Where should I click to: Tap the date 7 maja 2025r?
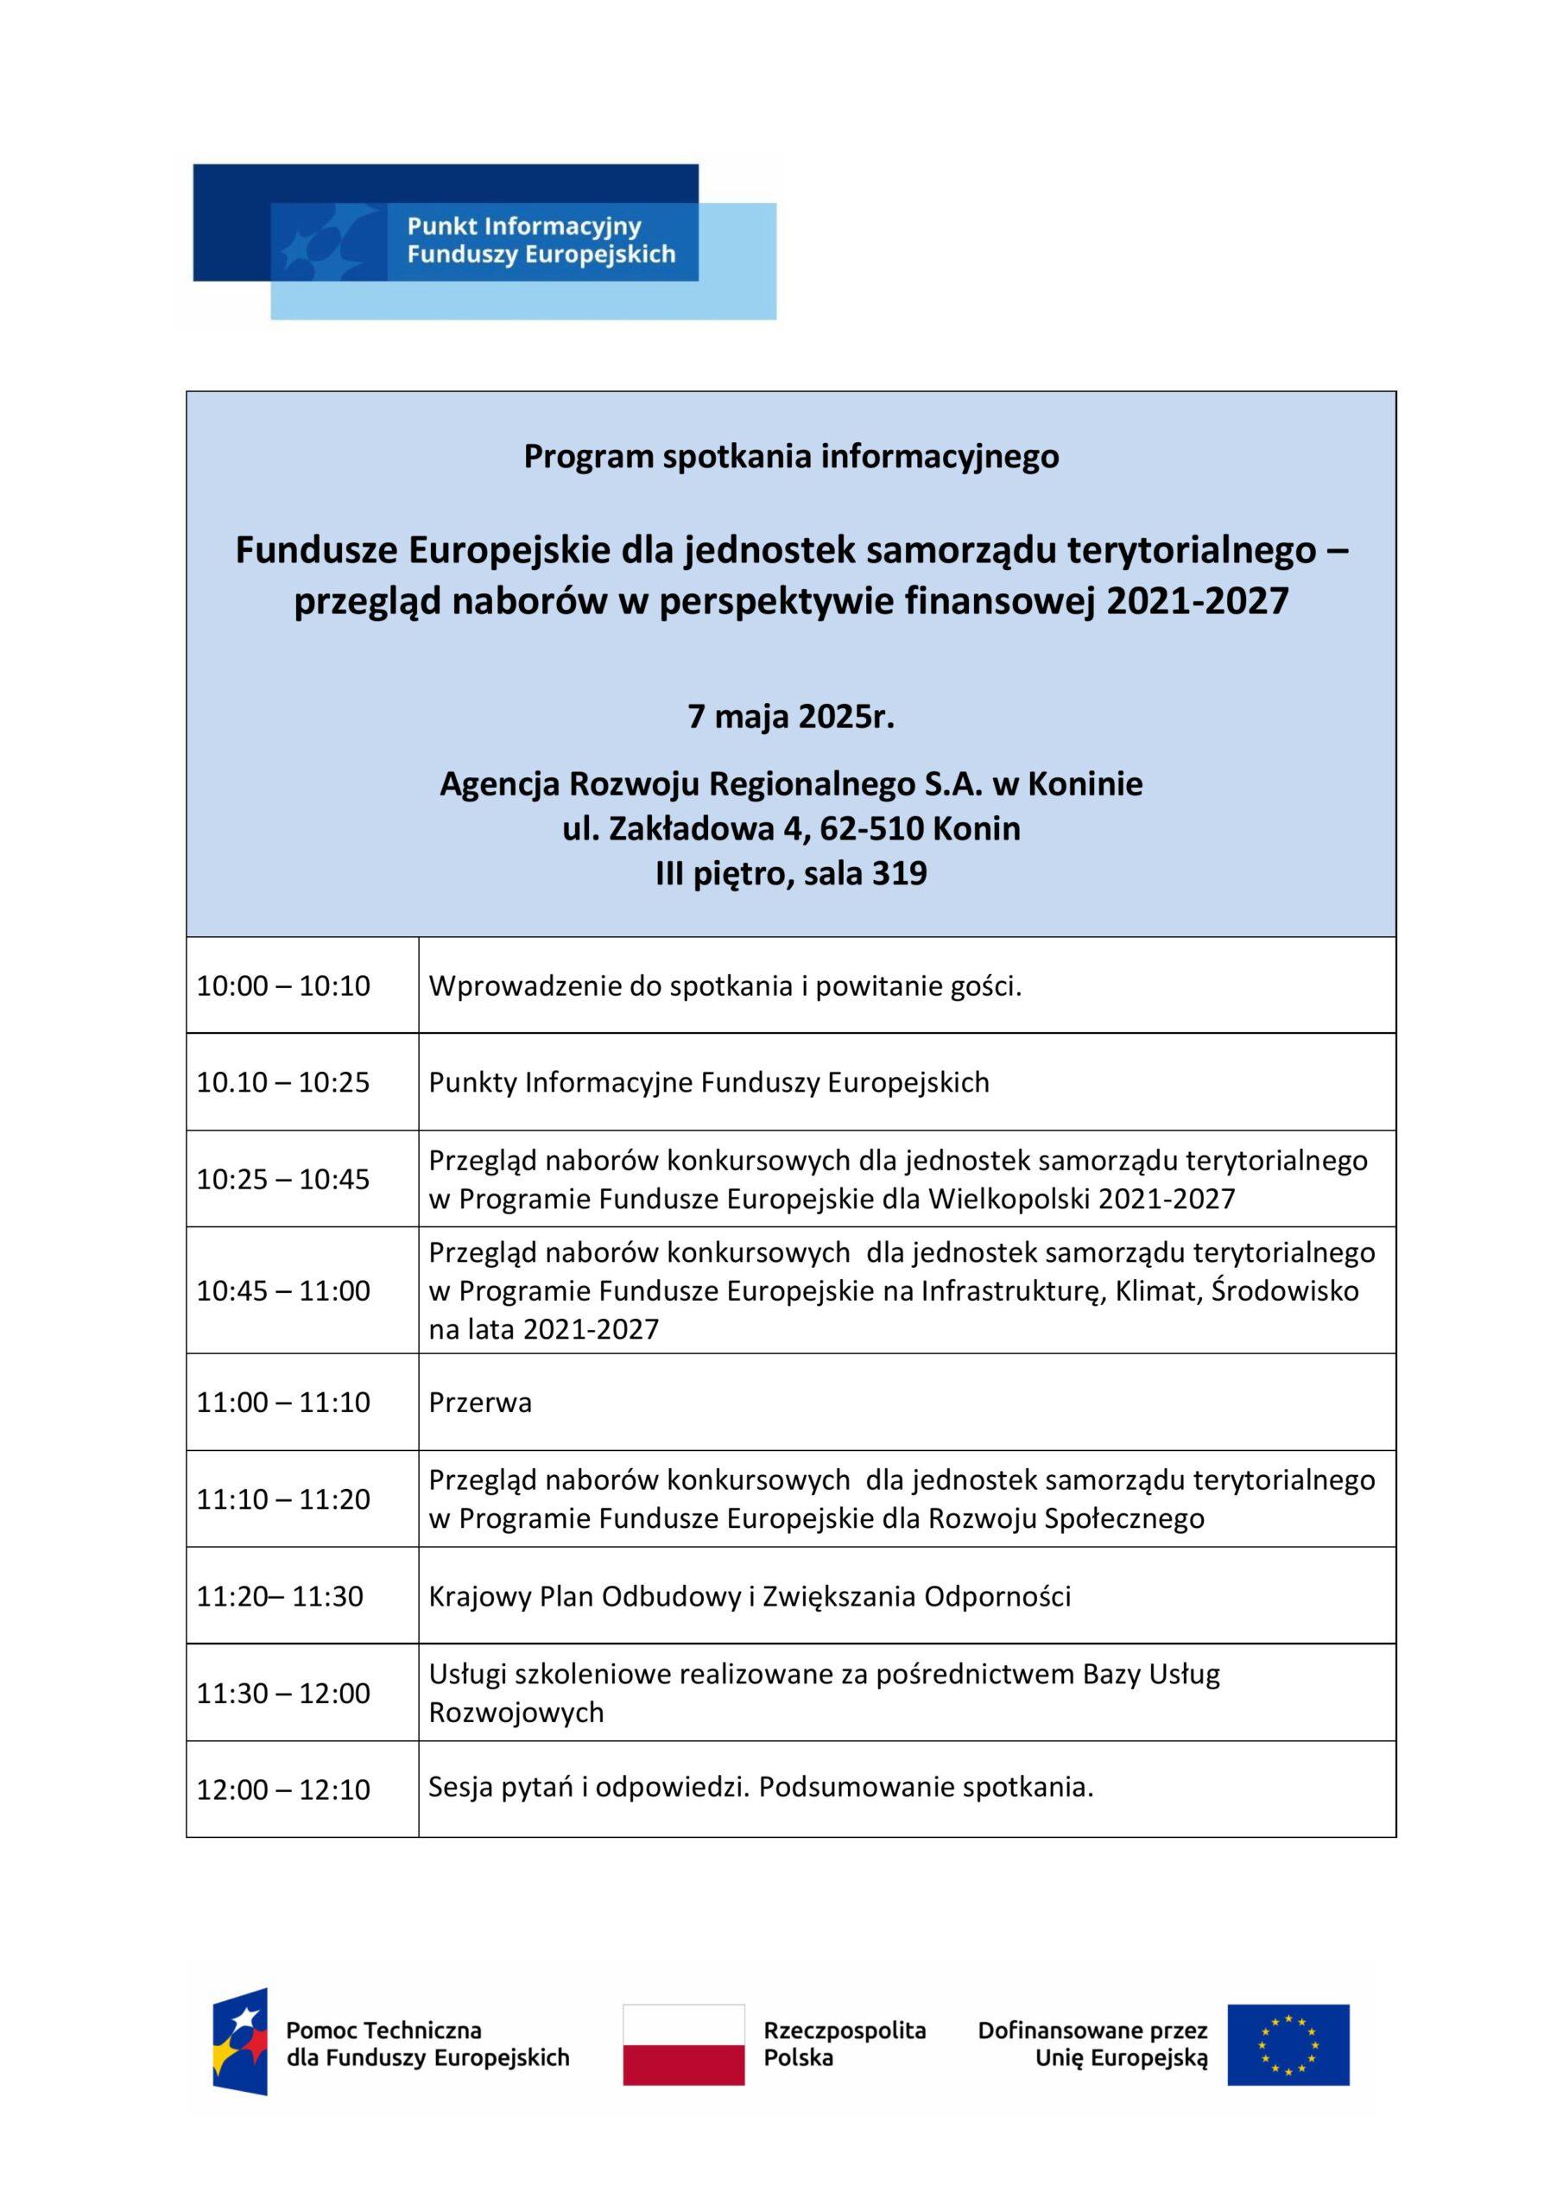point(791,719)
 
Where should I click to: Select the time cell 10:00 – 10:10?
point(283,986)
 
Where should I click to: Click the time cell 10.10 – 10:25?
point(283,1082)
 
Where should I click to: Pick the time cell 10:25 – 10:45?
point(283,1180)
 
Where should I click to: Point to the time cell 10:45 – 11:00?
point(283,1290)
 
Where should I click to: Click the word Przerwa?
point(479,1402)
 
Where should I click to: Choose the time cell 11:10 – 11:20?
point(283,1498)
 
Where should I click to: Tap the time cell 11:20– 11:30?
point(281,1597)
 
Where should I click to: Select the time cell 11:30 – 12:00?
point(283,1693)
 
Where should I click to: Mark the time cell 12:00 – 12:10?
point(283,1790)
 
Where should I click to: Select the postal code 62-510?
point(871,828)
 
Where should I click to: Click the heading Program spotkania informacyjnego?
point(791,455)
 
